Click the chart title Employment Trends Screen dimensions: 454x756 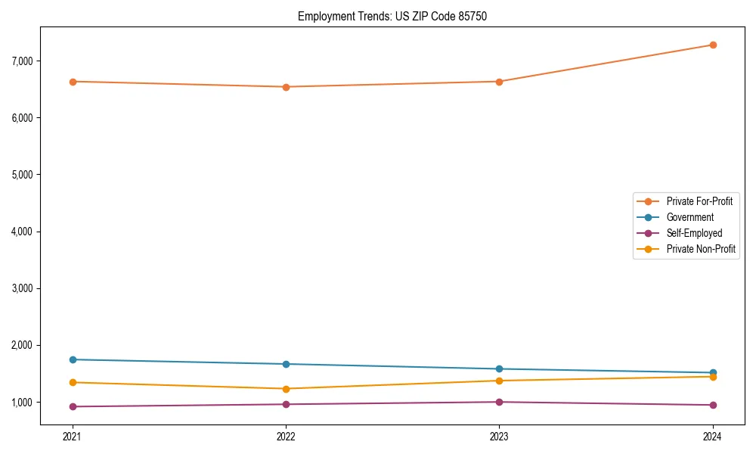point(387,16)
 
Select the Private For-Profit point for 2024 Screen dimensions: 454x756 point(712,45)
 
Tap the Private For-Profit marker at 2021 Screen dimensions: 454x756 point(73,82)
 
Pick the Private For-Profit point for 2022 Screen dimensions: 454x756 point(286,87)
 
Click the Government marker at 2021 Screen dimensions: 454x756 point(73,359)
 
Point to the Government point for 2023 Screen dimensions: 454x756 point(499,369)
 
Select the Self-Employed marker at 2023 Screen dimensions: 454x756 point(499,402)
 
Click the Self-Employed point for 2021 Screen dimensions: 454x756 point(73,406)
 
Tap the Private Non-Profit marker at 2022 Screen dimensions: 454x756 point(286,389)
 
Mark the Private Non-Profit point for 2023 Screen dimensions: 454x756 point(499,381)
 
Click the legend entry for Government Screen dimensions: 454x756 point(689,217)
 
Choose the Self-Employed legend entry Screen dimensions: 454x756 point(694,233)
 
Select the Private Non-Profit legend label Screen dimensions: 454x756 point(701,249)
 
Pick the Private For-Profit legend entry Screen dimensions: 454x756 point(699,201)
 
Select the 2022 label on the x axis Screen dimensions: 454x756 point(286,436)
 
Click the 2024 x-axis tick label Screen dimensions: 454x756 point(712,436)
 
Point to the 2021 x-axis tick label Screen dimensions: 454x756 point(73,436)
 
